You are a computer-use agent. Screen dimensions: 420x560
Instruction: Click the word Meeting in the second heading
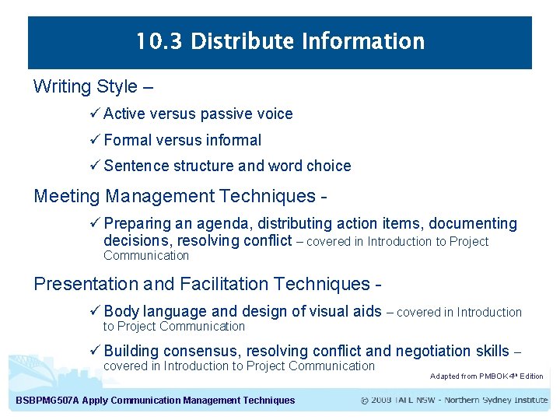[67, 195]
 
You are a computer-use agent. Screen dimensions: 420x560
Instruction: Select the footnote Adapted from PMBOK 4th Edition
[486, 376]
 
